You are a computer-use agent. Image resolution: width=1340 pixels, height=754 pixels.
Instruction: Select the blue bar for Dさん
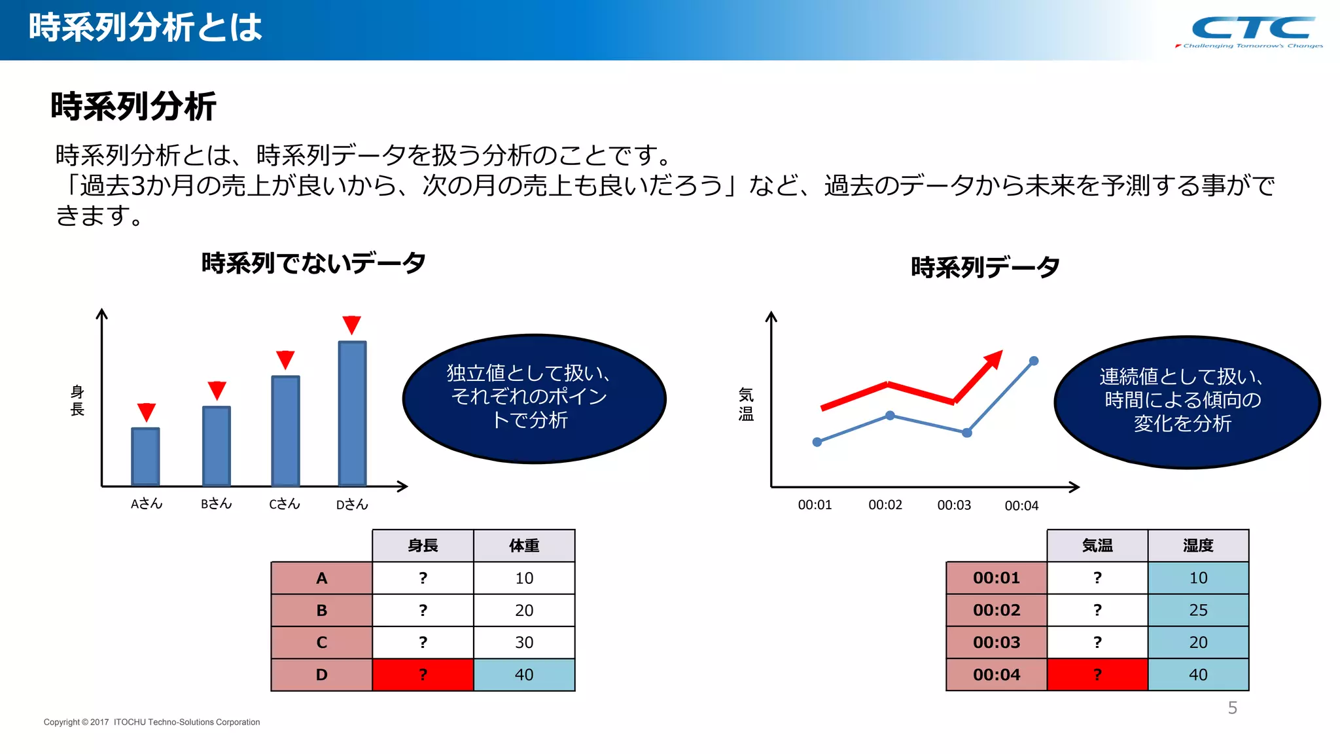click(x=352, y=414)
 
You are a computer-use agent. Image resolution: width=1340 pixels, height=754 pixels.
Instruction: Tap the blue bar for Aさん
click(x=145, y=457)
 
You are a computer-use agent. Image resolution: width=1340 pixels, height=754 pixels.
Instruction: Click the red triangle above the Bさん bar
click(x=217, y=390)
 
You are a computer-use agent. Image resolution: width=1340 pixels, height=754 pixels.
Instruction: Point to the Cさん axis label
click(x=284, y=504)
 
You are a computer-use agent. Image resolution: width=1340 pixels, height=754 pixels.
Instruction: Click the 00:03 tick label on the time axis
click(x=954, y=505)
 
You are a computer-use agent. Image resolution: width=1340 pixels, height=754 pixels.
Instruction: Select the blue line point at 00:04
click(x=1034, y=361)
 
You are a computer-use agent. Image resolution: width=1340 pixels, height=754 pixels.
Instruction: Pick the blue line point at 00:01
click(x=817, y=442)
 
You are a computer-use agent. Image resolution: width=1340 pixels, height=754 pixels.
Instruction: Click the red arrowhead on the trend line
click(x=993, y=359)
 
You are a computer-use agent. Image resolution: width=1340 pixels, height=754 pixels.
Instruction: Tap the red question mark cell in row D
click(x=423, y=675)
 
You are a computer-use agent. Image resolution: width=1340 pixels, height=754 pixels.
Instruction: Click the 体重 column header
click(x=524, y=546)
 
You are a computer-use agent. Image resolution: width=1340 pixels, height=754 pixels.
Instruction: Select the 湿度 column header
click(x=1198, y=546)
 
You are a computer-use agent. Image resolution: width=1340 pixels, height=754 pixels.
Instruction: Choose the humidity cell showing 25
click(x=1198, y=610)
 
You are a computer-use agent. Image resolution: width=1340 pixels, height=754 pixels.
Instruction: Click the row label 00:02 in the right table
click(x=996, y=610)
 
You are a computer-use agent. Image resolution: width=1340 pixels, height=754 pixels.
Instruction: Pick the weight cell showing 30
click(x=524, y=642)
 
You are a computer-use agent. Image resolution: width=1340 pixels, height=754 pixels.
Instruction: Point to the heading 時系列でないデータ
click(x=313, y=263)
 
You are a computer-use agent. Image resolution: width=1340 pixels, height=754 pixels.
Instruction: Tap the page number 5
click(x=1232, y=708)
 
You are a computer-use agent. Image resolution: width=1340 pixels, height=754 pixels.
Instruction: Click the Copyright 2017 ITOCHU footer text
click(x=152, y=723)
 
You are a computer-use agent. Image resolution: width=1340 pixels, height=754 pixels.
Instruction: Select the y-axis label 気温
click(x=746, y=404)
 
